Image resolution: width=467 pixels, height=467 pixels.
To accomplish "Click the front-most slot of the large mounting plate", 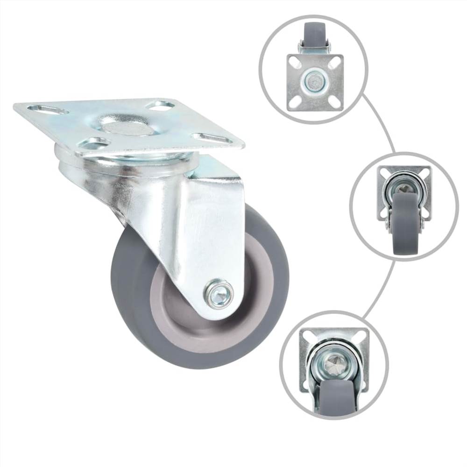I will tap(94, 142).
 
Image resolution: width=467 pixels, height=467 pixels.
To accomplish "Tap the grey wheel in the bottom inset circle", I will tap(335, 399).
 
